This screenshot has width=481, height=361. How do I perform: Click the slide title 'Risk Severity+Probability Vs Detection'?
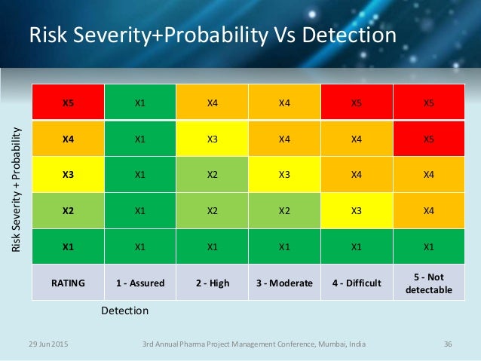coord(211,36)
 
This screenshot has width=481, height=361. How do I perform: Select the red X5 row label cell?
coord(67,102)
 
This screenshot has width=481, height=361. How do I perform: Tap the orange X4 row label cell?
coord(67,139)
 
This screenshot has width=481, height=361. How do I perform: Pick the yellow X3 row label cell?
coord(67,174)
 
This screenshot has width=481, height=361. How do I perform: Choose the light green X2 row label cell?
coord(67,210)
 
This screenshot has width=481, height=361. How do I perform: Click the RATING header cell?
coord(67,283)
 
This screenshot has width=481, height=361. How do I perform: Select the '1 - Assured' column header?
coord(139,283)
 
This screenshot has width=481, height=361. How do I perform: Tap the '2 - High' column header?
coord(212,283)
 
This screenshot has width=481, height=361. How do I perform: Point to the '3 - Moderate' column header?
coord(284,283)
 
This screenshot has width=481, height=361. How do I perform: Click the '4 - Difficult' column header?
coord(357,283)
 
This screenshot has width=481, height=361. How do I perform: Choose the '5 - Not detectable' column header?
coord(429,283)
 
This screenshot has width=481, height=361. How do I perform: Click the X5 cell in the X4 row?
coord(429,139)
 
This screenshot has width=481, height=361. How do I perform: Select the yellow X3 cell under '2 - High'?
coord(212,139)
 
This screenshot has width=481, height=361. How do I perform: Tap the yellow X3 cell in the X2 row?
coord(357,210)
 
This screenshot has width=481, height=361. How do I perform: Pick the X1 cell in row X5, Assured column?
coord(139,102)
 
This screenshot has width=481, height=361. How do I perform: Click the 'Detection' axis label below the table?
coord(124,311)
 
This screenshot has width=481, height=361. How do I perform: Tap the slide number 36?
coord(448,344)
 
